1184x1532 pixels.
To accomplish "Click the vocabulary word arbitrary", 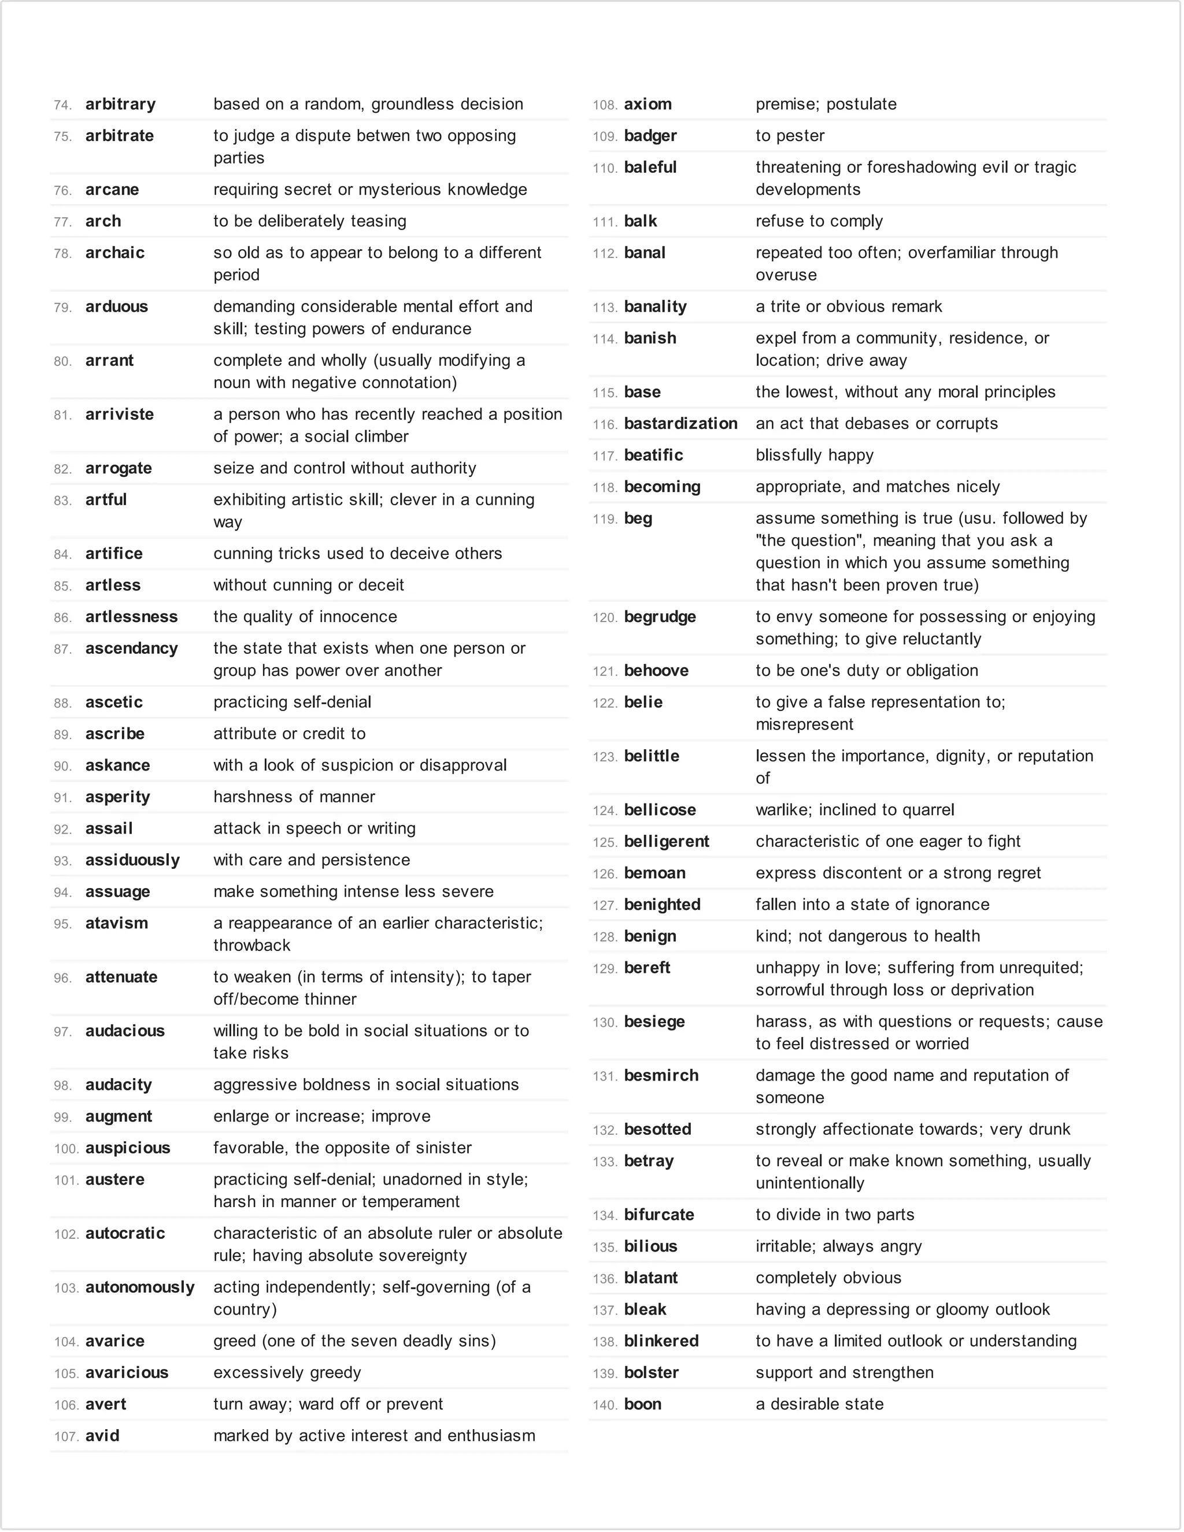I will click(x=121, y=105).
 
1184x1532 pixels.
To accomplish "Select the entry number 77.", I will click(x=62, y=223).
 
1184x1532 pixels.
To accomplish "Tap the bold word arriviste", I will click(x=119, y=415).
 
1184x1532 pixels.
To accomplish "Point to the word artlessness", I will click(x=131, y=617).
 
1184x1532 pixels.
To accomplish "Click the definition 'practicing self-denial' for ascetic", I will click(x=292, y=702).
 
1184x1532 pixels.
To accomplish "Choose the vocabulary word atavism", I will click(x=116, y=923).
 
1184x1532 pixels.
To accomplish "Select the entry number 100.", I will click(x=66, y=1149).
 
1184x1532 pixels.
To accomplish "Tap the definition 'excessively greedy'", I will click(x=287, y=1373).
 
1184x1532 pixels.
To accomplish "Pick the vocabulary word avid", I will click(x=102, y=1436).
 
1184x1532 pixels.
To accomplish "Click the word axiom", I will click(x=647, y=105).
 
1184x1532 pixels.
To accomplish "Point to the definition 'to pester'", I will click(x=790, y=136).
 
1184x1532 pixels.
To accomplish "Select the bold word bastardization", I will click(x=680, y=424).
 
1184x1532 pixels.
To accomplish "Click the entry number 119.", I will click(x=604, y=520).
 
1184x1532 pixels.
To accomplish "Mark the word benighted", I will click(x=662, y=905).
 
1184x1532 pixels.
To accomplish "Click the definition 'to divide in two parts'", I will click(x=835, y=1215).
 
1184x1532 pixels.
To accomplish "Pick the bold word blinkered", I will click(x=661, y=1341).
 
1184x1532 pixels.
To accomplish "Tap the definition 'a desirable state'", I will click(x=819, y=1404).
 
